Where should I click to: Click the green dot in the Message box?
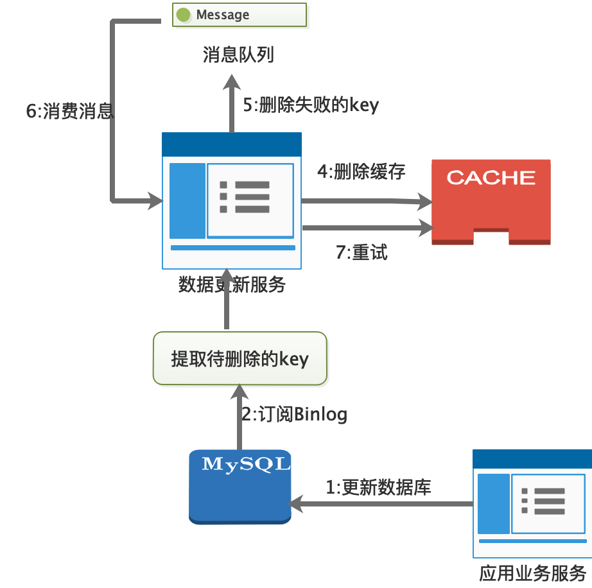coord(184,15)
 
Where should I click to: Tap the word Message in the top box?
coord(223,15)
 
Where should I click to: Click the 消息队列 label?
coord(238,55)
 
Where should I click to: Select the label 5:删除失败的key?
coord(311,105)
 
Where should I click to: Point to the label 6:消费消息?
coord(69,111)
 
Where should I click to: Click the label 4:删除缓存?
coord(361,172)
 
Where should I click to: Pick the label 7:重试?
coord(361,252)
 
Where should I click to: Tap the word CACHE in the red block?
coord(491,177)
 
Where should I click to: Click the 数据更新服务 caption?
coord(231,284)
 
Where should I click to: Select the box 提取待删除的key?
coord(239,358)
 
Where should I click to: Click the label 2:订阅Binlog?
coord(294,415)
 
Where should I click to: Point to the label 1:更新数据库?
coord(378,487)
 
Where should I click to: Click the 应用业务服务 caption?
coord(532,573)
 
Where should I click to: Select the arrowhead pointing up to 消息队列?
coord(232,82)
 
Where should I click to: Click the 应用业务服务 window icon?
coord(532,503)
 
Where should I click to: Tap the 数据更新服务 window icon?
coord(232,201)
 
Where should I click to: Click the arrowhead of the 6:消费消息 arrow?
coord(155,201)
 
